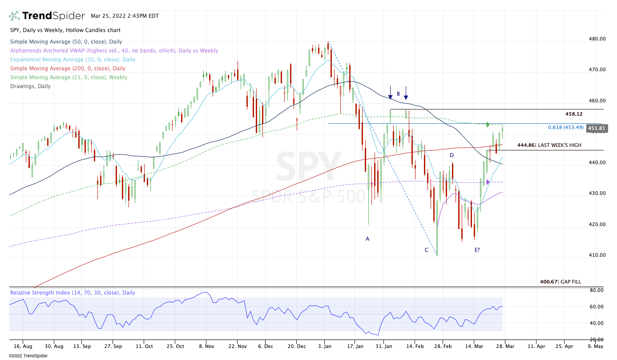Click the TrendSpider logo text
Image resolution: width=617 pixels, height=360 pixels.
[53, 16]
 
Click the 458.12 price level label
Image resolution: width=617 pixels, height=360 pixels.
[574, 114]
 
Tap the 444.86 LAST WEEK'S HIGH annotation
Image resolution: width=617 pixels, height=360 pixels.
[549, 145]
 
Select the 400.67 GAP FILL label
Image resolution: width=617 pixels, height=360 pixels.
[560, 282]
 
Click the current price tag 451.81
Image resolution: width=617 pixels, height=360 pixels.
[596, 128]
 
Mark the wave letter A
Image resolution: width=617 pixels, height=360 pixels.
[367, 239]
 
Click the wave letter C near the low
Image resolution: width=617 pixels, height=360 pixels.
[426, 250]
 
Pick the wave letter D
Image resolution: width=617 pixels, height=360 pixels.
[452, 155]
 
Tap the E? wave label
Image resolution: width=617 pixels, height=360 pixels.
[477, 250]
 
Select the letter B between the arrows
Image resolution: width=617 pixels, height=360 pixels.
[399, 94]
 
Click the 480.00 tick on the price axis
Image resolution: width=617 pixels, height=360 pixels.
[597, 39]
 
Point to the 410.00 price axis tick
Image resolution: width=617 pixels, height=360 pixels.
[597, 255]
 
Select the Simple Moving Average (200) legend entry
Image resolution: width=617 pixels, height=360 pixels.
[68, 69]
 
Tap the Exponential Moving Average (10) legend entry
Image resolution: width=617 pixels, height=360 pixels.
[73, 60]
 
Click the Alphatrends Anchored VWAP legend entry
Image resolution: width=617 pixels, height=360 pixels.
[114, 51]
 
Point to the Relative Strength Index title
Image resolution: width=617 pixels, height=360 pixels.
[73, 293]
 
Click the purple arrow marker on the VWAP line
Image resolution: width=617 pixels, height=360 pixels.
[488, 182]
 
